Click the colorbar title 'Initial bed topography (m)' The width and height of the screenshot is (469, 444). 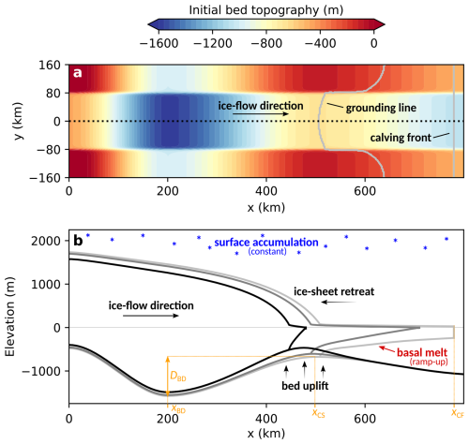click(x=266, y=10)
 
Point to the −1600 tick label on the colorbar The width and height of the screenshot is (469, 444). click(x=159, y=43)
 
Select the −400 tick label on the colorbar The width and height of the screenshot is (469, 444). click(x=320, y=43)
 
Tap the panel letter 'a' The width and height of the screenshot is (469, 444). click(x=77, y=73)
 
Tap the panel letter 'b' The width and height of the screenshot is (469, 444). click(x=78, y=241)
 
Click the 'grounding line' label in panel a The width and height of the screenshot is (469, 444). click(x=381, y=108)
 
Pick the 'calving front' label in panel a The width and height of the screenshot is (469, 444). click(x=401, y=138)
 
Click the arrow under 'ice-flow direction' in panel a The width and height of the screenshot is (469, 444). click(x=261, y=114)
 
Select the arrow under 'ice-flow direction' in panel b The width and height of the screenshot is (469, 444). click(x=151, y=316)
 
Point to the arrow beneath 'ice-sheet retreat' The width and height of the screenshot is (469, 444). click(x=339, y=302)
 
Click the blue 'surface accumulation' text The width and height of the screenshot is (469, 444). click(x=266, y=243)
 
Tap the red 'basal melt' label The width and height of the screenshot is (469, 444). click(x=422, y=352)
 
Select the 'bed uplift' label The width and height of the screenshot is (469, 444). click(x=305, y=386)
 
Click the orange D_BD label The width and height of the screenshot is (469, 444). click(x=178, y=376)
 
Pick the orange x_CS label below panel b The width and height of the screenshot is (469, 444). click(x=318, y=413)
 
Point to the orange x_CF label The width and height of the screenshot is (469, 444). click(x=458, y=413)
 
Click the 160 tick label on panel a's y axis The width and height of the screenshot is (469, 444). click(x=50, y=66)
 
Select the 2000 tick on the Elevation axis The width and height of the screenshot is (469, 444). click(x=46, y=241)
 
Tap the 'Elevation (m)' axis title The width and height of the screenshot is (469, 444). click(x=10, y=317)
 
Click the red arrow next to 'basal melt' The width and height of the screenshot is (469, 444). click(x=386, y=349)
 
